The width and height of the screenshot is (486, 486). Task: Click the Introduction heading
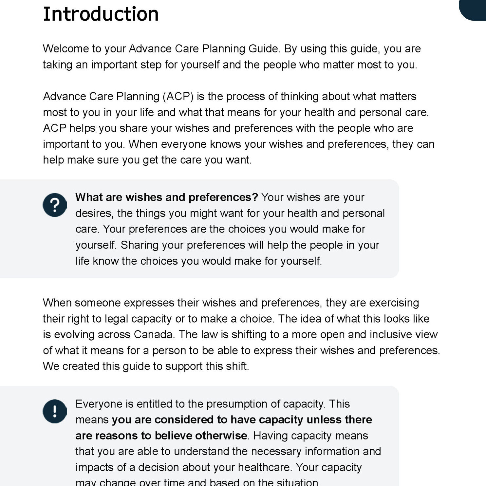click(101, 14)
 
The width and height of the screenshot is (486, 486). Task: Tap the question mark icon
click(55, 205)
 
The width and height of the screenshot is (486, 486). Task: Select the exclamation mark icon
click(55, 411)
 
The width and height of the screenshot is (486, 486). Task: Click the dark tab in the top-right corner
click(473, 10)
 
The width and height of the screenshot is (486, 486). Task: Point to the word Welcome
click(65, 49)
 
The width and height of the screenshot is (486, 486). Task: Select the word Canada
click(154, 334)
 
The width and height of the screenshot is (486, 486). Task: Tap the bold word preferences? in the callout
click(223, 197)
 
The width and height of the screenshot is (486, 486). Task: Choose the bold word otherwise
click(221, 436)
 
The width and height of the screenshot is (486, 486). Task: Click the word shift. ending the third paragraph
click(237, 366)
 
